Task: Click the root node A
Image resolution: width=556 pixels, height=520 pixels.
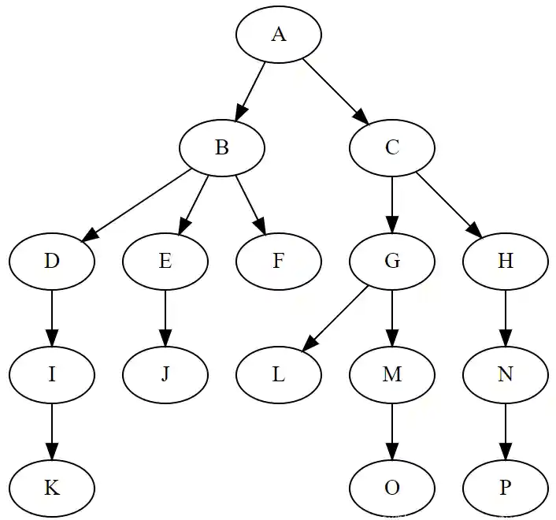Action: coord(279,34)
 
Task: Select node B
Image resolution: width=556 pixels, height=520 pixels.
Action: coord(222,147)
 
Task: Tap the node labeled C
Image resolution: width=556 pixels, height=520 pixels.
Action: coord(392,147)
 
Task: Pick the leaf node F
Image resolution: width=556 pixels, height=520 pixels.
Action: coord(279,261)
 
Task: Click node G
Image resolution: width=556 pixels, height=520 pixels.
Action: coord(392,261)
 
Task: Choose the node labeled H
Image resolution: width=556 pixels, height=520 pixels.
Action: coord(506,261)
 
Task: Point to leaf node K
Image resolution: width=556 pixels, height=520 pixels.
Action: coord(52,488)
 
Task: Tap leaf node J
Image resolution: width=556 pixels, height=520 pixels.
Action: coord(165,374)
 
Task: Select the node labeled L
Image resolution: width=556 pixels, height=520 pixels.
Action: coord(279,374)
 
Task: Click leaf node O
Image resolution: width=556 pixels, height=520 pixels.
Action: coord(392,488)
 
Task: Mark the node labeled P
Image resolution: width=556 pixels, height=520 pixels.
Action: coord(506,488)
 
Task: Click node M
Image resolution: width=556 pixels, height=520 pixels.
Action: coord(392,374)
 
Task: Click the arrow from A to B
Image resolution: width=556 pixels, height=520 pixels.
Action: coord(252,88)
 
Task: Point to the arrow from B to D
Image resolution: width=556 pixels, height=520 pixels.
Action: coord(139,203)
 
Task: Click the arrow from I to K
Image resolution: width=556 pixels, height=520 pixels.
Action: coord(52,430)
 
